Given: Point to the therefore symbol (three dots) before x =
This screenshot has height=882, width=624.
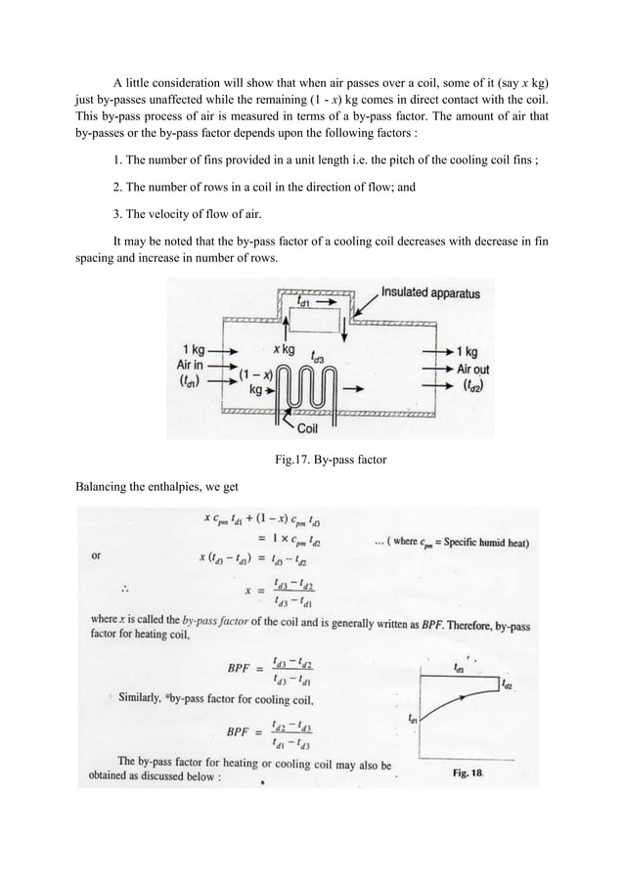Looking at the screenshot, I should coord(125,590).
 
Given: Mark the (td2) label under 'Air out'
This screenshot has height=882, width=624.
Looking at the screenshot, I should coord(473,384).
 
